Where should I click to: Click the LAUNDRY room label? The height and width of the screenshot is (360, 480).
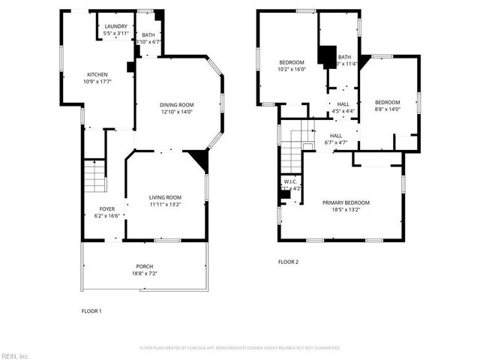pos(115,27)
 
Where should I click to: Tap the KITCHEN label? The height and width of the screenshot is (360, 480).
pos(97,75)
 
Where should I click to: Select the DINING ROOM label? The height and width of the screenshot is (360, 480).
pos(176,105)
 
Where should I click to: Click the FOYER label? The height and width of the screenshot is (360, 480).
pos(107,209)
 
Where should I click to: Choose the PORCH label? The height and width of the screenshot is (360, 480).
pos(145,267)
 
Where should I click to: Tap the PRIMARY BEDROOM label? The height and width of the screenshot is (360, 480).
pos(341,202)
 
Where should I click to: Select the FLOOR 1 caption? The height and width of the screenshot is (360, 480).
pos(91,310)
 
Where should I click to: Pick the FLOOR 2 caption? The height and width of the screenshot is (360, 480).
pos(288,262)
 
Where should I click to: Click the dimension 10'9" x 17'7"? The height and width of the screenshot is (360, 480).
pos(97,81)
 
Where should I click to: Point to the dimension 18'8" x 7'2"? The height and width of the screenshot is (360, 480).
pos(145,274)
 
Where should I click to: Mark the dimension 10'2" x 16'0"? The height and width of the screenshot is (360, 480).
pos(292,69)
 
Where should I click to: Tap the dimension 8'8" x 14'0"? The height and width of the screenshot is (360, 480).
pos(388,109)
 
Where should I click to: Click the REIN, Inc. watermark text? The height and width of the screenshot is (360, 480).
pos(15,355)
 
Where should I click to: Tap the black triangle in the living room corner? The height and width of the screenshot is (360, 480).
pos(199,158)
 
